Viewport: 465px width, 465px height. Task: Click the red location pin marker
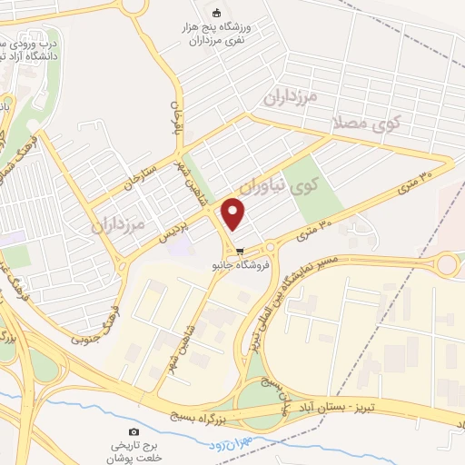coord(234,214)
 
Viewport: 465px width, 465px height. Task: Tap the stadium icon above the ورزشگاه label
coord(216,13)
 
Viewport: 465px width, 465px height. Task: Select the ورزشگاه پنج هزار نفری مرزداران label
coord(224,36)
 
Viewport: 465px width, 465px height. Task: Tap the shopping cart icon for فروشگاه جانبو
coord(240,252)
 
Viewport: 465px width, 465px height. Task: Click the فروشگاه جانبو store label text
coord(239,266)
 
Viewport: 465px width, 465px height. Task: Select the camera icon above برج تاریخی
coord(134,431)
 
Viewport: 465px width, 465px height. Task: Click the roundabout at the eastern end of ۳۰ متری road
coord(447,265)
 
